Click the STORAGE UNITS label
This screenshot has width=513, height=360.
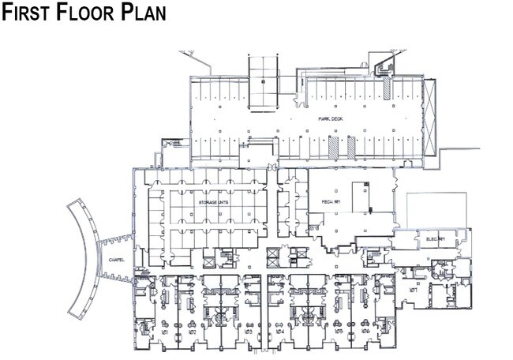click(212, 203)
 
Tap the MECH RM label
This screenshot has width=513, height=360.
click(331, 202)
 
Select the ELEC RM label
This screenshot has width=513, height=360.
click(436, 238)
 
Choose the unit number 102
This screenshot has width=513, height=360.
click(192, 332)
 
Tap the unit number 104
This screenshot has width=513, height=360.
click(280, 332)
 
